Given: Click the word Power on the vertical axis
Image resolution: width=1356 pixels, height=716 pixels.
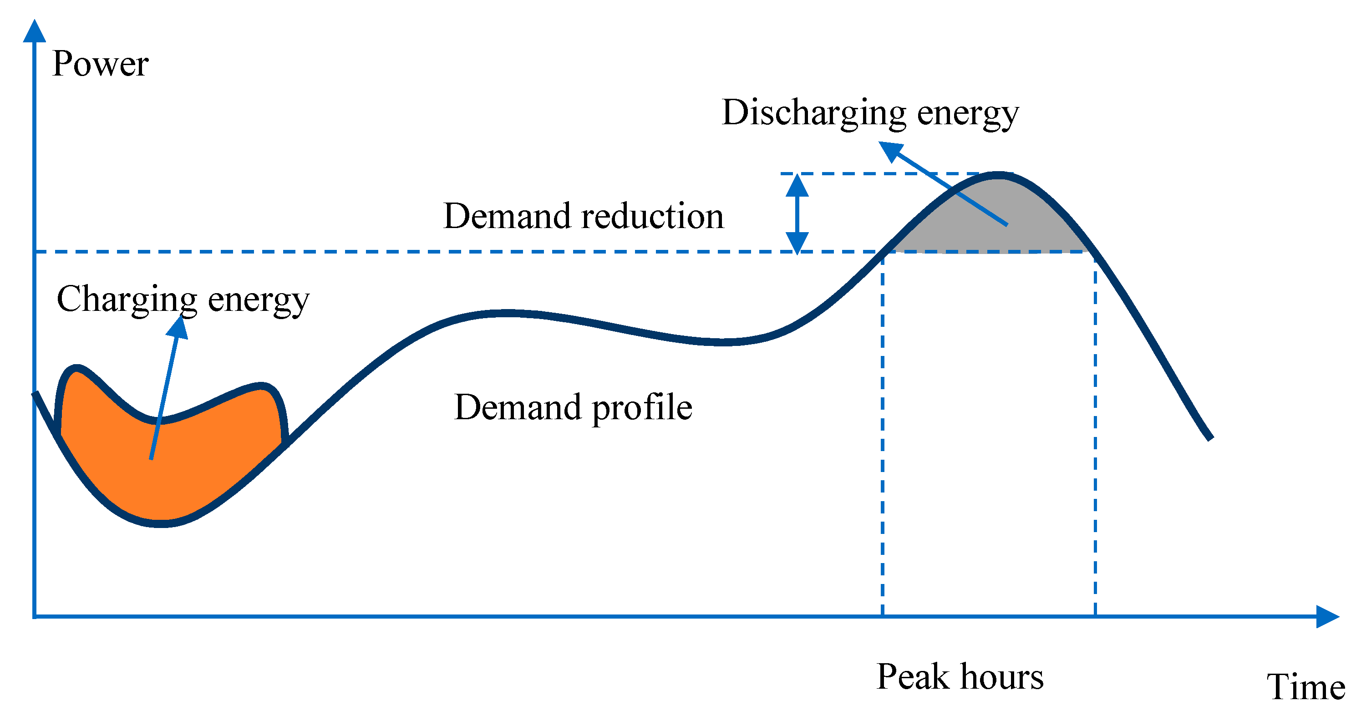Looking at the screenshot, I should point(100,64).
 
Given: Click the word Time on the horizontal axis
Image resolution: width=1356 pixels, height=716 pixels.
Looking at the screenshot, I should point(1305,686).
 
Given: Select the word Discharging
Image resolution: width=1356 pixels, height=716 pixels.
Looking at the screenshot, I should point(814,113).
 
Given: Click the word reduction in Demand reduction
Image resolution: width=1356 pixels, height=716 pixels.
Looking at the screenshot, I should point(652,216).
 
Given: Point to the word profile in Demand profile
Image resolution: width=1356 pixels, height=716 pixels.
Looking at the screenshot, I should point(642,407).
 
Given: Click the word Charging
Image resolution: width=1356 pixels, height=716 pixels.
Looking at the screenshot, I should point(127,300).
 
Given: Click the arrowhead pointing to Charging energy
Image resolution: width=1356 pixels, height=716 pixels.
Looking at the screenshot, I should point(178,326).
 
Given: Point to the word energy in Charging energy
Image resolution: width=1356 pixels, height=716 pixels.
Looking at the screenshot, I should point(259,300).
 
